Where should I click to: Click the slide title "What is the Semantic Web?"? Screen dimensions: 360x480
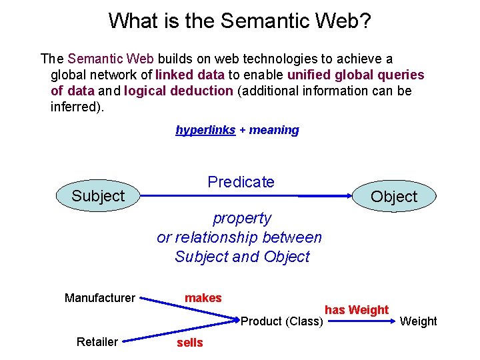[239, 21]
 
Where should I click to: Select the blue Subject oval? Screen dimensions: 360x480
[99, 196]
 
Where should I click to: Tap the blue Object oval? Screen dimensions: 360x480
[393, 197]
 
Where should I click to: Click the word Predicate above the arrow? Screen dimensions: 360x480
[241, 181]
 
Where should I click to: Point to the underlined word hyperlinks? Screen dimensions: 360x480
[205, 130]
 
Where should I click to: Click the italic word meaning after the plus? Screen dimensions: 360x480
[274, 130]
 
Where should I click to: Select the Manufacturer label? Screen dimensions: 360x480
[100, 298]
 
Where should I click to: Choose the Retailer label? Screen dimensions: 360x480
[97, 342]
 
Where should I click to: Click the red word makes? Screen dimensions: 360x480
[203, 298]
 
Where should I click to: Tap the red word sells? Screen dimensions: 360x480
[189, 343]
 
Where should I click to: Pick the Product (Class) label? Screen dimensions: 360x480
[281, 321]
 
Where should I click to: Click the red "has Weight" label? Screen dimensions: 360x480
[356, 309]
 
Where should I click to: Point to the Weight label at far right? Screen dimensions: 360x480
[418, 321]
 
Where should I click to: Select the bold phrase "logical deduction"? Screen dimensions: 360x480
[179, 91]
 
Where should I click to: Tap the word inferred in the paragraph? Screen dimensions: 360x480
[75, 107]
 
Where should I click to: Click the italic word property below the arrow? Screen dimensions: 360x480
[242, 218]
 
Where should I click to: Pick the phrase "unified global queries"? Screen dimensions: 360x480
[355, 75]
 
